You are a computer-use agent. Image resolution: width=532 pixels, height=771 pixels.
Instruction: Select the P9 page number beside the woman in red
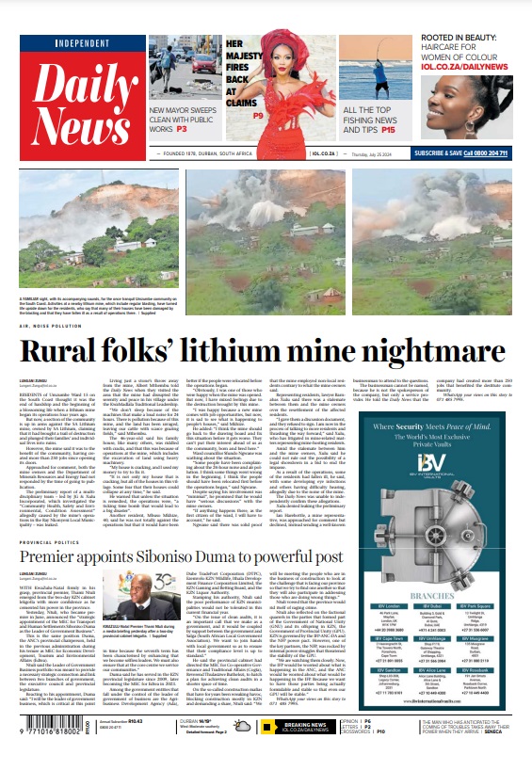pyautogui.click(x=258, y=115)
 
